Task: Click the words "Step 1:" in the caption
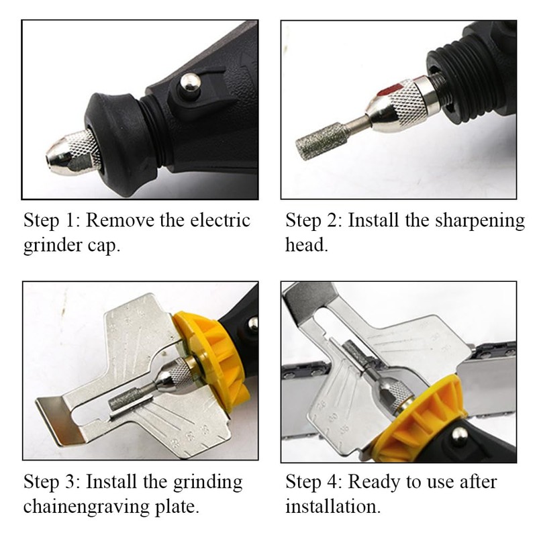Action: tap(52, 221)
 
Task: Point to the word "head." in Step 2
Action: tap(307, 245)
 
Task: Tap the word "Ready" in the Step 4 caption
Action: tap(375, 482)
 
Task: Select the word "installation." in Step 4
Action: tap(333, 506)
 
